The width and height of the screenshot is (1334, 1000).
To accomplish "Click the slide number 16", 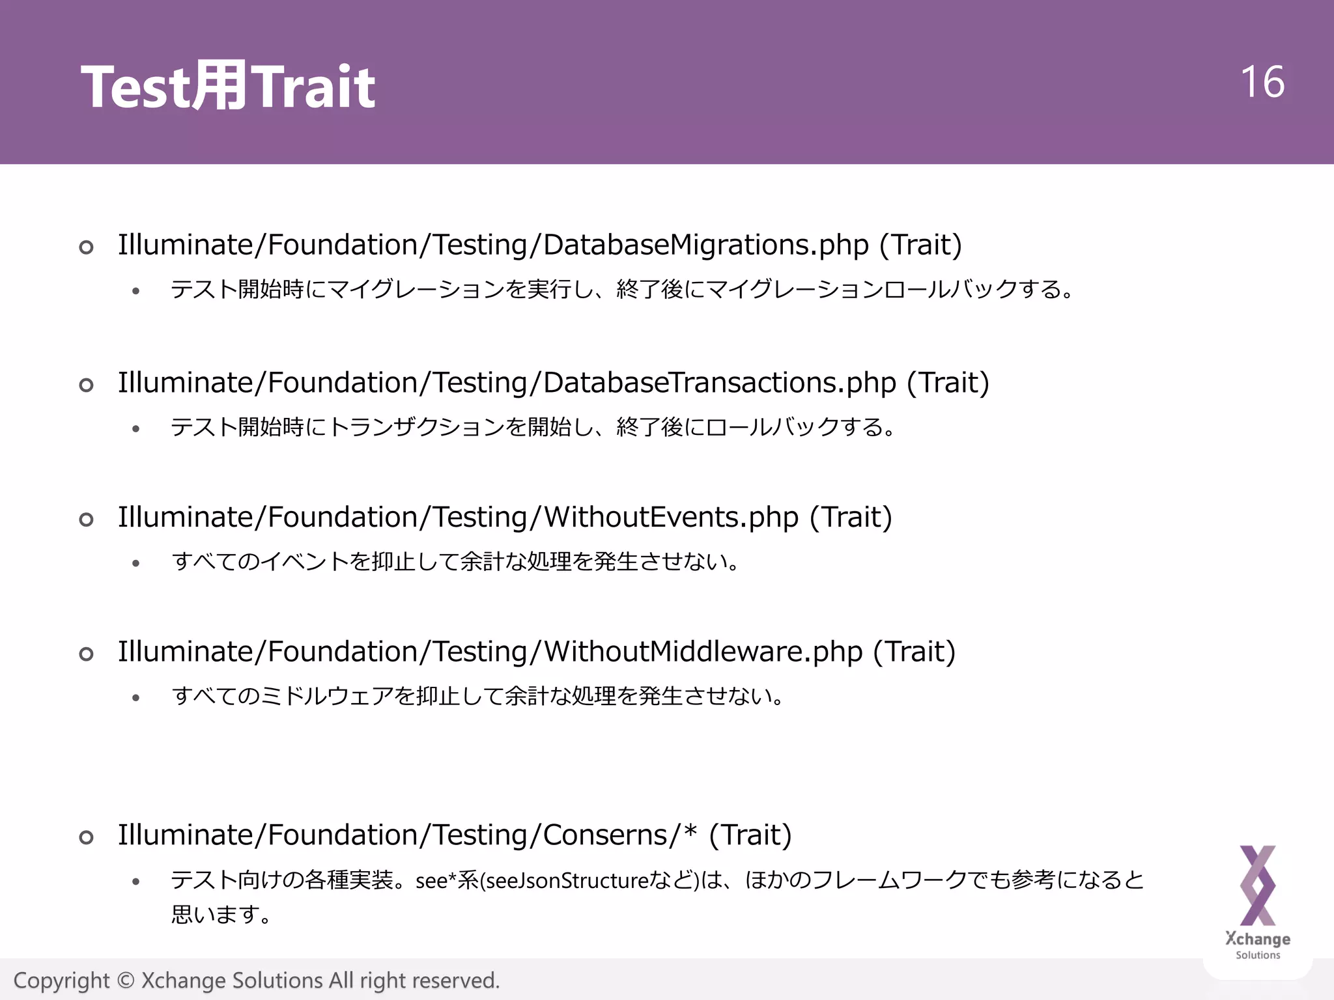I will pos(1262,82).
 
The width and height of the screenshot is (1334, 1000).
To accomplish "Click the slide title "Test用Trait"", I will pos(227,87).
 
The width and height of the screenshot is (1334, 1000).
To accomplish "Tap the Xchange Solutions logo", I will pos(1258,902).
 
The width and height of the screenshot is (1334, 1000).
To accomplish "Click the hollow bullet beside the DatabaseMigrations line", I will pos(86,247).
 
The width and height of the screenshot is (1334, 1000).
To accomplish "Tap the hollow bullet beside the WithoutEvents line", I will pos(86,520).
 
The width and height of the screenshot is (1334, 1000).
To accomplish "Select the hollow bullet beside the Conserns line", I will pos(86,837).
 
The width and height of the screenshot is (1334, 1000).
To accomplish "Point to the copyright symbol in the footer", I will pos(126,980).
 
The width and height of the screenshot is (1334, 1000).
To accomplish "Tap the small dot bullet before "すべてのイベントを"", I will pos(135,563).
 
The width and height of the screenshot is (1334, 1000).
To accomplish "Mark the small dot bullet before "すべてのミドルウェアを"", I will pos(135,698).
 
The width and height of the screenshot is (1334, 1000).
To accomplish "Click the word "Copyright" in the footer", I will pos(62,980).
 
